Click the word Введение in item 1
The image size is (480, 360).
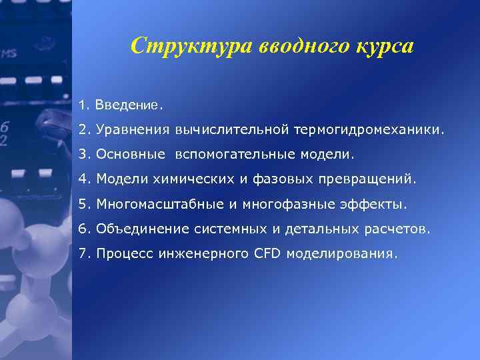(127, 105)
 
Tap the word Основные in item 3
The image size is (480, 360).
(130, 154)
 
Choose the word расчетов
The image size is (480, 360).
(397, 229)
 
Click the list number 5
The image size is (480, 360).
(82, 203)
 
